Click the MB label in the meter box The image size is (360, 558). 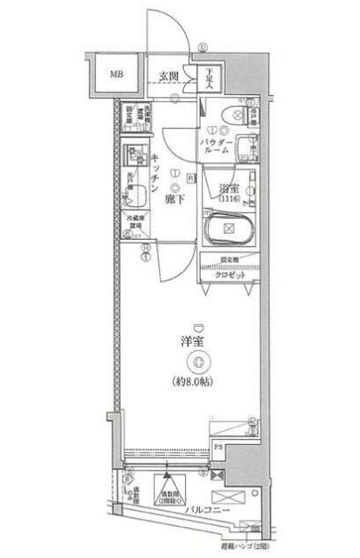click(116, 73)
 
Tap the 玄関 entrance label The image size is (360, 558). click(170, 75)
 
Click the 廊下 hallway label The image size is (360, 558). click(174, 199)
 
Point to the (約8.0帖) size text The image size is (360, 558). click(198, 383)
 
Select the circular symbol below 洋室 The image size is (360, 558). click(198, 361)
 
